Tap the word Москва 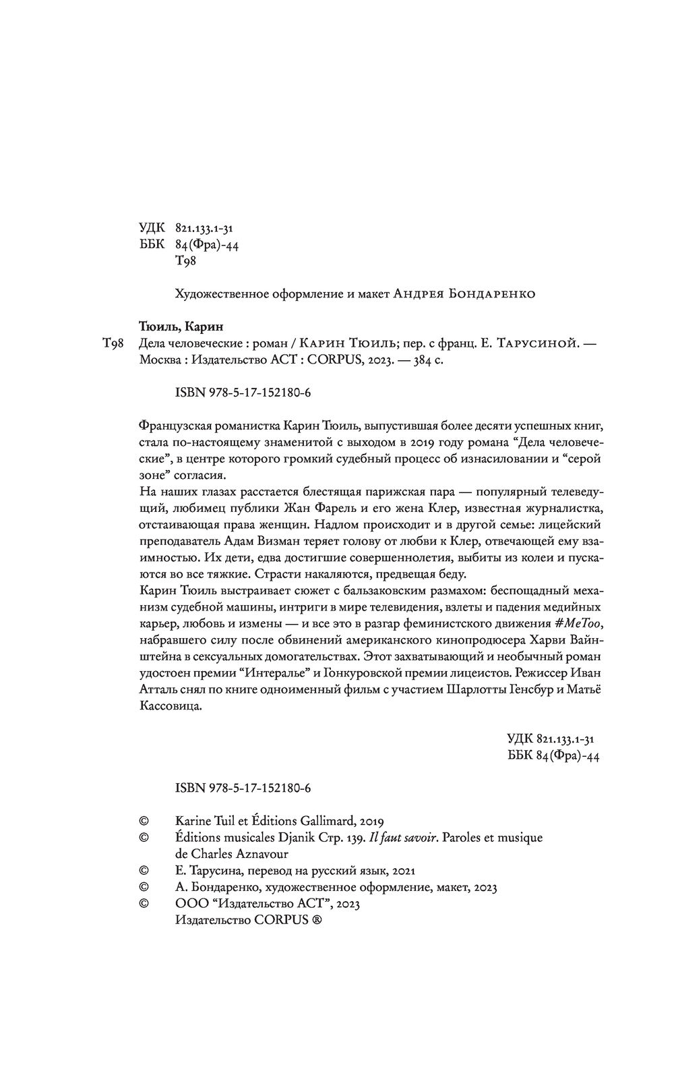(x=160, y=361)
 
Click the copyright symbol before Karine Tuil (x=143, y=822)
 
